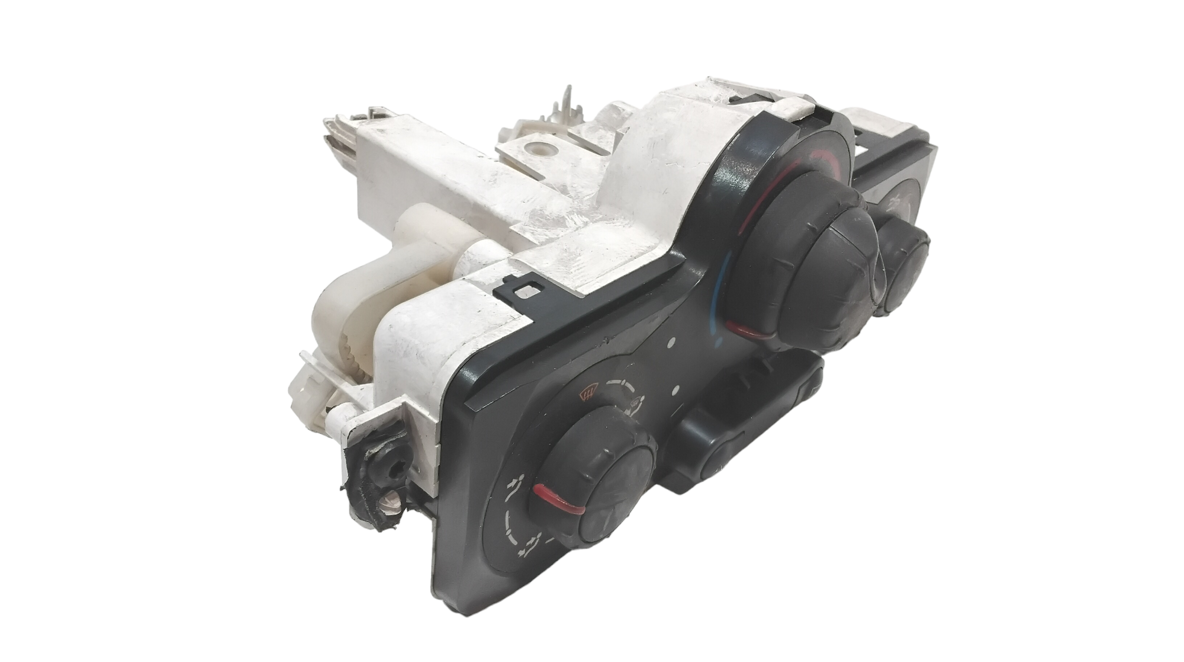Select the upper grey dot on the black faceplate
pyautogui.click(x=671, y=343)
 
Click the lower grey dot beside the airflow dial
pyautogui.click(x=675, y=391)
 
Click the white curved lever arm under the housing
pyautogui.click(x=349, y=284)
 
